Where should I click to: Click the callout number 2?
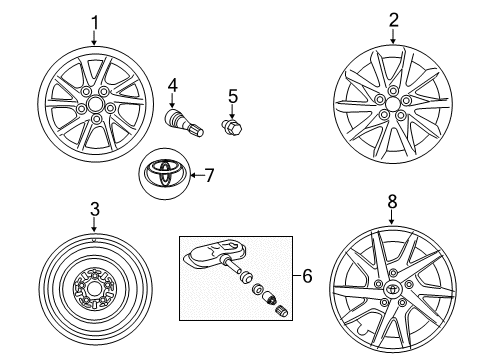(x=393, y=21)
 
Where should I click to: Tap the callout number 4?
(x=172, y=85)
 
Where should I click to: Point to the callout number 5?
(x=233, y=97)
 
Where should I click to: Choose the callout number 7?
(x=209, y=175)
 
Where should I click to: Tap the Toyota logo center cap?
(x=162, y=174)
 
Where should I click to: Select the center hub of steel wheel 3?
(x=93, y=290)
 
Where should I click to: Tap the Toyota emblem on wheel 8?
(x=393, y=291)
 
